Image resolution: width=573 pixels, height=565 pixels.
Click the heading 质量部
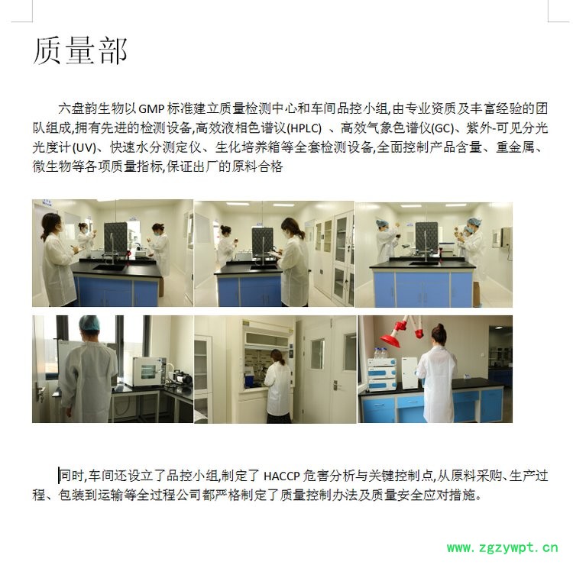[80, 50]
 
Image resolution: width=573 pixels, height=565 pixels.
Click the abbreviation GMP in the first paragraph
[151, 108]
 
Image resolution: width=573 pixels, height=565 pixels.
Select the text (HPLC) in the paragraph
[304, 128]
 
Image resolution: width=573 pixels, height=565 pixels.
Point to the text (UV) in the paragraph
[84, 147]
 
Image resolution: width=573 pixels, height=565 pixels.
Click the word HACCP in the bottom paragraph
[281, 476]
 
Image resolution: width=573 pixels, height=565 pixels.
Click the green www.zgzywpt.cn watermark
[503, 547]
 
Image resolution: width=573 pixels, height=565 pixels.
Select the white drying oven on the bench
[149, 371]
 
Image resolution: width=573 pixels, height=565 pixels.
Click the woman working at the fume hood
[278, 386]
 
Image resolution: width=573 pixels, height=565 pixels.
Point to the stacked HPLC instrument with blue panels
[382, 374]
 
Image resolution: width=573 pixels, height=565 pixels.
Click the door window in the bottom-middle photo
[317, 354]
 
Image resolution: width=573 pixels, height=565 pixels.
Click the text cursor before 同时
[59, 476]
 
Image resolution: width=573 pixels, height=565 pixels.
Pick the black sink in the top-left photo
[108, 268]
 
